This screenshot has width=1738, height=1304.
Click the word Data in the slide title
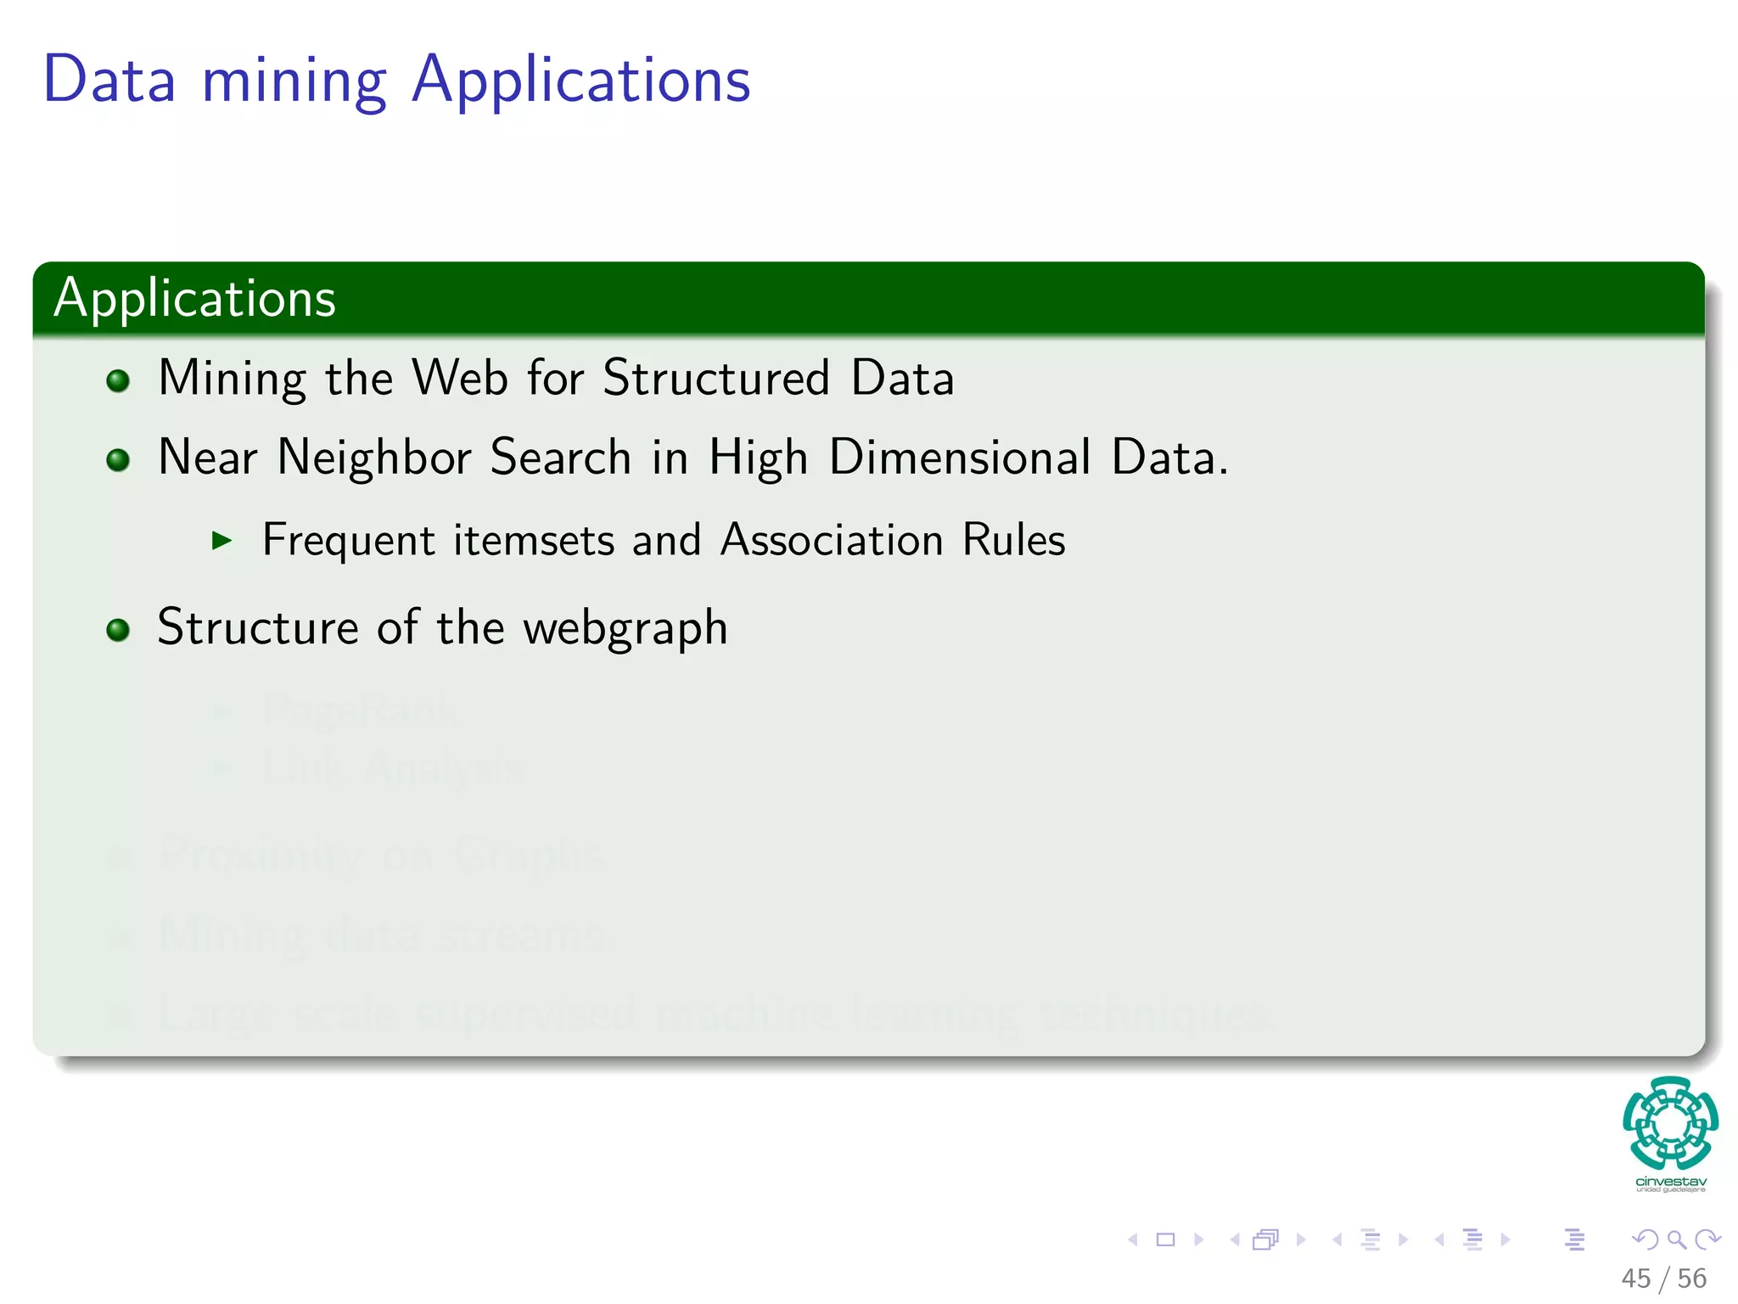tap(109, 80)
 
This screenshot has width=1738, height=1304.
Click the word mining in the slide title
tap(294, 83)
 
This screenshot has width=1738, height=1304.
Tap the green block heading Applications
tap(195, 299)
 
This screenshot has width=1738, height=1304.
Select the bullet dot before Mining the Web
tap(118, 380)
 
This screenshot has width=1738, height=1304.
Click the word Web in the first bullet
tap(460, 378)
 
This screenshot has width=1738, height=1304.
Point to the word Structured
tap(715, 378)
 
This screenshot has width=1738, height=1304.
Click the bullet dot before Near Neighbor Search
tap(118, 460)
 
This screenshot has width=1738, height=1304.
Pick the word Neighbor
tap(374, 458)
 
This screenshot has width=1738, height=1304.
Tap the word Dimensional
tap(959, 458)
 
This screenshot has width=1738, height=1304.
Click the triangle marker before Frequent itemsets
tap(222, 540)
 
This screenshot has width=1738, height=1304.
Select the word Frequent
tap(348, 541)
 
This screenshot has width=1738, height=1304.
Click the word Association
tap(832, 540)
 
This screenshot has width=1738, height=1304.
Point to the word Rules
tap(1013, 540)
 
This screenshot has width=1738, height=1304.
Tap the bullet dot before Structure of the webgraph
tap(118, 630)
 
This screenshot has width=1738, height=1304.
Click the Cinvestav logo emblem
tap(1670, 1122)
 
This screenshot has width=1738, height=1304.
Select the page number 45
tap(1635, 1279)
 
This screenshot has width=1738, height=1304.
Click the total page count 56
tap(1691, 1279)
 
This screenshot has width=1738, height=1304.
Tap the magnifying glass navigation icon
tap(1676, 1239)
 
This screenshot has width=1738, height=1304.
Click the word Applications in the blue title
tap(581, 81)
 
